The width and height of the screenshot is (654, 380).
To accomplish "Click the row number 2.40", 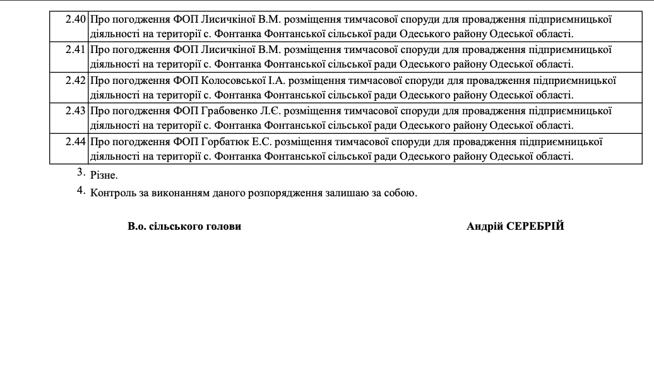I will coord(76,19).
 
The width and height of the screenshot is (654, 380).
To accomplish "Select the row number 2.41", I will coord(76,49).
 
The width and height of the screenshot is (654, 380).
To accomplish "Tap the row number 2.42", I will coord(76,80).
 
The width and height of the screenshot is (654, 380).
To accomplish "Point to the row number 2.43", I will coord(76,110).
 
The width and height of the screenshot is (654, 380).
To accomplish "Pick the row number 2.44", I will coord(76,141).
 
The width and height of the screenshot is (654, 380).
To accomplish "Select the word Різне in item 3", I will coord(104,175).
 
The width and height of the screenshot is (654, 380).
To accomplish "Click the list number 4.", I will coord(81,191).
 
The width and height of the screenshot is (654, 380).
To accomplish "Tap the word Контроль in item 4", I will coord(112,193).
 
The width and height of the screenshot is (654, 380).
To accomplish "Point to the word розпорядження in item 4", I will coord(287,193).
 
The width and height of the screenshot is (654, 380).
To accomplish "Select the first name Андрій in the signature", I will coord(485,227).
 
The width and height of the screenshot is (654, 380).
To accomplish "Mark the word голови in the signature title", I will coord(223,227).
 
